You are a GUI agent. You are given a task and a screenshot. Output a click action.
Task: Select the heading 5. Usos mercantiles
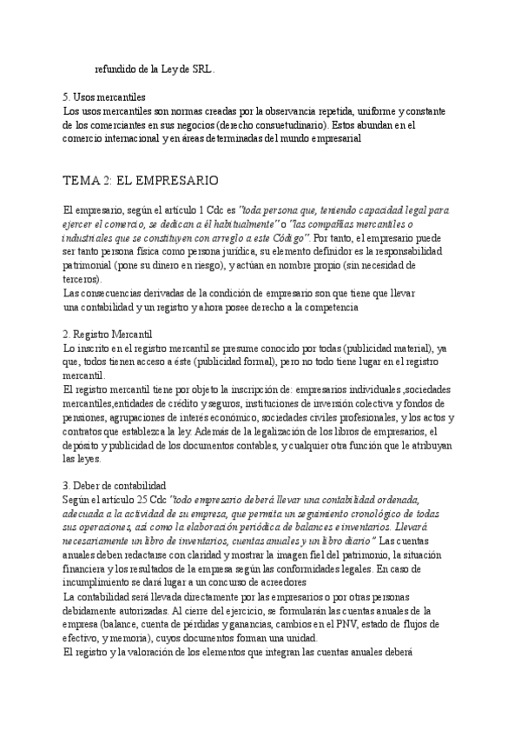click(x=103, y=97)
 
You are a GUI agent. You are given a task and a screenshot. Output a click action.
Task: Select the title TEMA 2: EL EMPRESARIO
click(x=140, y=181)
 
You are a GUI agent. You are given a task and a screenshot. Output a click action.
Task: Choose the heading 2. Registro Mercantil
click(x=108, y=334)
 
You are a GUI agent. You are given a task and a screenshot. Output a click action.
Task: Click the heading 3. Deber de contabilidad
click(x=115, y=485)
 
